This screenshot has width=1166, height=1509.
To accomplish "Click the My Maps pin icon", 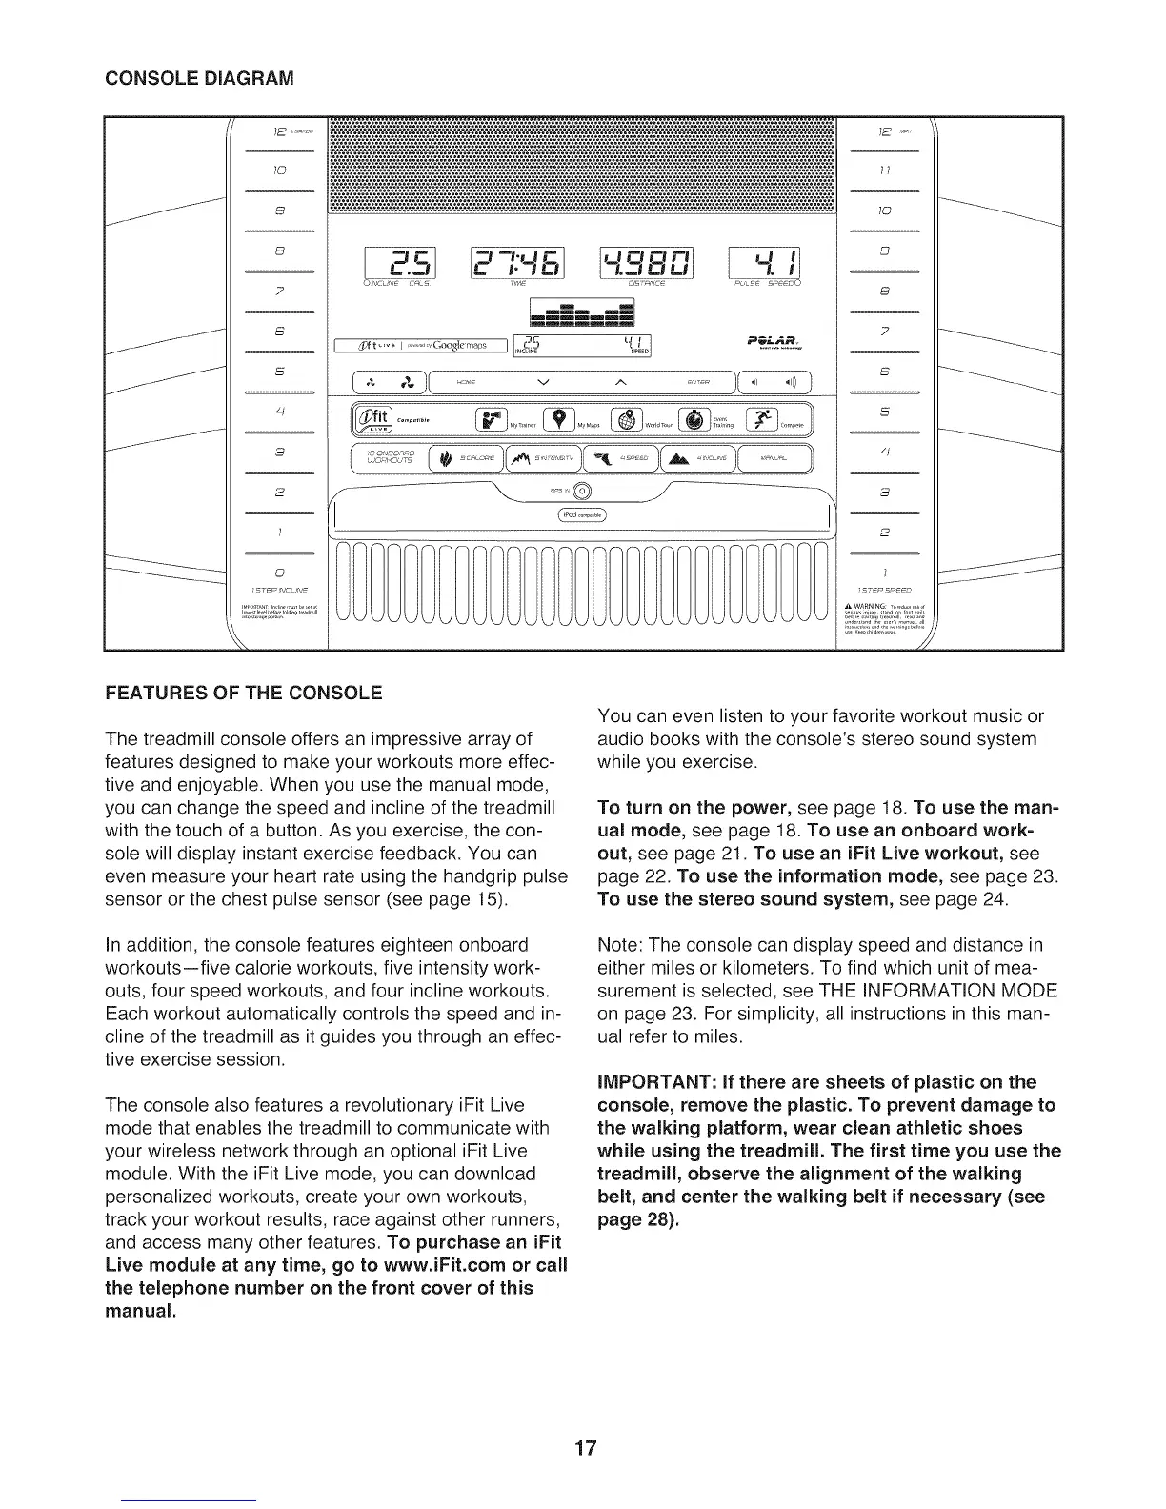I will [559, 420].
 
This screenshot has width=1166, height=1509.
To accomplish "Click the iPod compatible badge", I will [582, 516].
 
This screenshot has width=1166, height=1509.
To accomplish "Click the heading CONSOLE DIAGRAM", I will [199, 77].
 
